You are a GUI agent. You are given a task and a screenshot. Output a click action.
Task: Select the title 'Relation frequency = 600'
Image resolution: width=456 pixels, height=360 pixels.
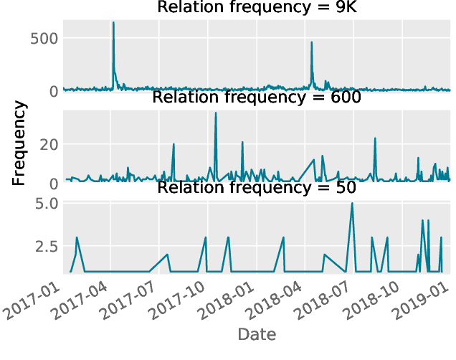(x=257, y=98)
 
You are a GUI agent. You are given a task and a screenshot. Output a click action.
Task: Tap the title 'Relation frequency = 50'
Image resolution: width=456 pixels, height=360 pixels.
(x=257, y=189)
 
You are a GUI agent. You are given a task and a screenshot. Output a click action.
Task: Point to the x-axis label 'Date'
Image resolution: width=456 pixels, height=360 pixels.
(x=257, y=334)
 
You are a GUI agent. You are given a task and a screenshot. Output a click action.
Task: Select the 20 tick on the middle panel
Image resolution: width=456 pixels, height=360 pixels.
(x=48, y=145)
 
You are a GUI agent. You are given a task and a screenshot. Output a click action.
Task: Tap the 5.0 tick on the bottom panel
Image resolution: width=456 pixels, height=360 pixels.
(x=44, y=204)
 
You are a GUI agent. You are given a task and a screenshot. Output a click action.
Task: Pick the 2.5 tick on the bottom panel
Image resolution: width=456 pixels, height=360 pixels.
(x=44, y=246)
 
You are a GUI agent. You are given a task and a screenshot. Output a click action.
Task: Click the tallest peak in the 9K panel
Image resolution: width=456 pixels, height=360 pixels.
(x=113, y=23)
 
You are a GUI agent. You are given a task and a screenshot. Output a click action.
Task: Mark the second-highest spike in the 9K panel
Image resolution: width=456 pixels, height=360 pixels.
(x=311, y=42)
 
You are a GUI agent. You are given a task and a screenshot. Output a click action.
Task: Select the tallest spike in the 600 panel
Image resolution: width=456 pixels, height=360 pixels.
(x=216, y=113)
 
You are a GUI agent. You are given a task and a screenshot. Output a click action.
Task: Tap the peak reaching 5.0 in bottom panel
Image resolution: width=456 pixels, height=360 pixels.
(x=351, y=204)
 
